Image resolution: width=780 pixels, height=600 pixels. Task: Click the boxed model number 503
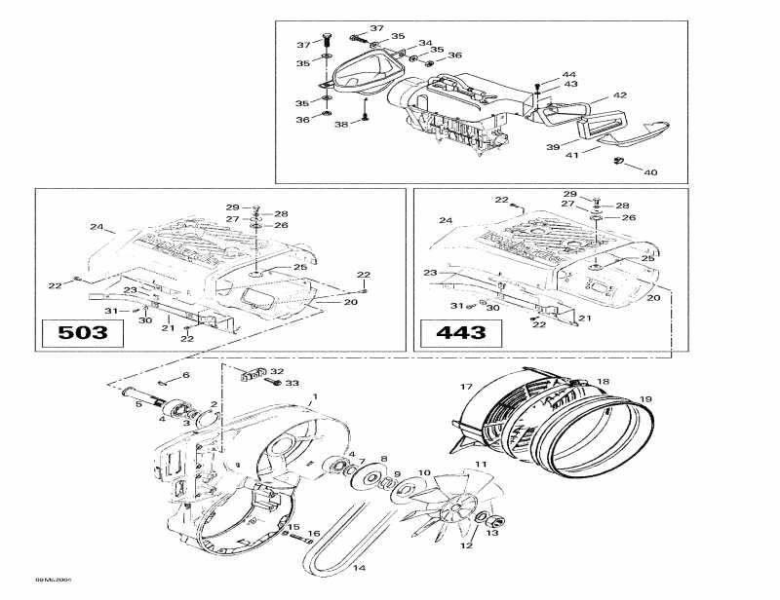83,333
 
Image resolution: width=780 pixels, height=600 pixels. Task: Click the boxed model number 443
460,333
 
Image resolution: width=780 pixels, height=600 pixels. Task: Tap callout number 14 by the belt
358,568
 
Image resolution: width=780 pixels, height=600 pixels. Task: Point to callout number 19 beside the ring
644,399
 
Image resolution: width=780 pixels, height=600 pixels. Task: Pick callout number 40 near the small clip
650,172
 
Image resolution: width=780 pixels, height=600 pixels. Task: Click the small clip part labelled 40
618,160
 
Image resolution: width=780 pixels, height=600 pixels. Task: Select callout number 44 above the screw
568,75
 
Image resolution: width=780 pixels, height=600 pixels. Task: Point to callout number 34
425,43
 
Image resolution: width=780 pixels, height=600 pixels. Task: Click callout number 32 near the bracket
277,371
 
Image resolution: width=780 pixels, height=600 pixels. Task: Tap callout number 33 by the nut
292,384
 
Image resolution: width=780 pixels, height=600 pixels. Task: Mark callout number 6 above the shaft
187,375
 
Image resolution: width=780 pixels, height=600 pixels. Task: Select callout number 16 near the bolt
313,533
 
